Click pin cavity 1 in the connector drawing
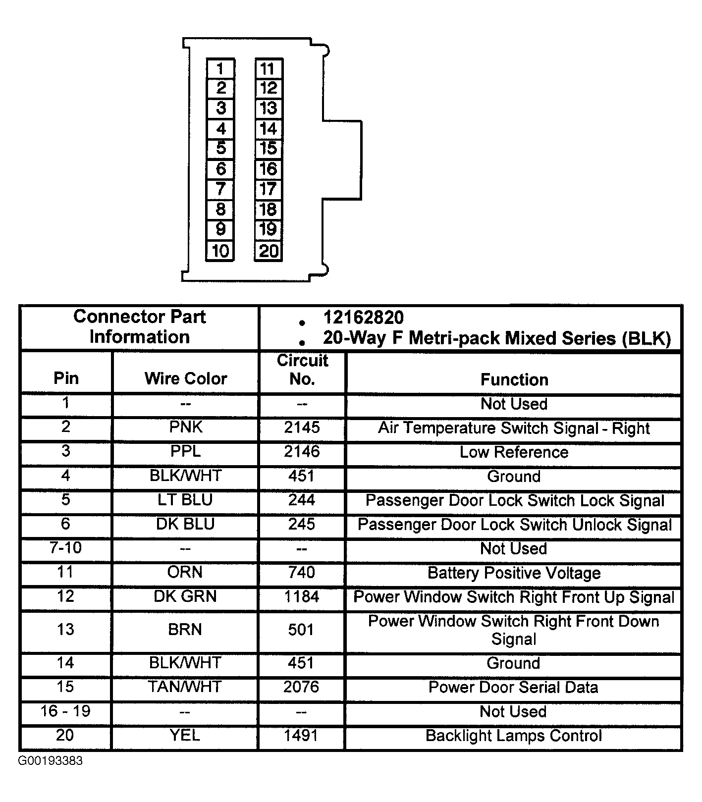[220, 69]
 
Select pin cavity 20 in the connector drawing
[269, 251]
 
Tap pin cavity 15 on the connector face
[269, 149]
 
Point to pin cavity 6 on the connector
[220, 169]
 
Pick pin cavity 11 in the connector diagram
[269, 69]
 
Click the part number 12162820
[363, 318]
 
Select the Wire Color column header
[185, 378]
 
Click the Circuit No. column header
[302, 370]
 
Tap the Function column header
[514, 379]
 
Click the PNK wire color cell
[185, 427]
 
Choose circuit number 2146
[302, 451]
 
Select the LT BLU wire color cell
[185, 500]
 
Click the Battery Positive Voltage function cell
[514, 573]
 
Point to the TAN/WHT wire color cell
[185, 687]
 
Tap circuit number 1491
[301, 735]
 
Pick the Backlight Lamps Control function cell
[514, 736]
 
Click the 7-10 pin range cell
[66, 548]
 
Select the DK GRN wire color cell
[185, 596]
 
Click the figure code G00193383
[51, 761]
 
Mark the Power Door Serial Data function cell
[513, 687]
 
